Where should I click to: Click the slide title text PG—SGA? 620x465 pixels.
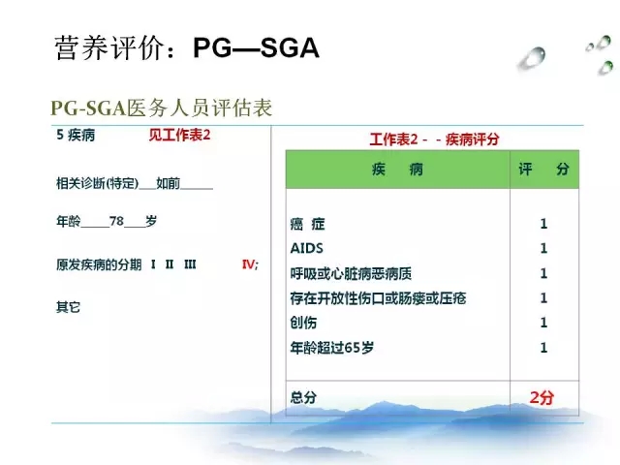pos(256,48)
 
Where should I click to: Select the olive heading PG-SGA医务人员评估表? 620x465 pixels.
pos(162,108)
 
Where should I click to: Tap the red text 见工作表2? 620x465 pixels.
pos(179,136)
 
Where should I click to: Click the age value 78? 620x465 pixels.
pos(116,221)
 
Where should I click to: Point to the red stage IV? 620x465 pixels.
pos(249,264)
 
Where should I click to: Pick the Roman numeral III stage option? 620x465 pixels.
pos(190,264)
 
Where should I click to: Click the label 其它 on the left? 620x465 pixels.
pos(68,307)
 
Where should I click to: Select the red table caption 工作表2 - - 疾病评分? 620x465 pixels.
pos(434,139)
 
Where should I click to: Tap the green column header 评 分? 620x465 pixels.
pos(544,170)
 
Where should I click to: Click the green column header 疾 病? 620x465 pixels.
pos(397,170)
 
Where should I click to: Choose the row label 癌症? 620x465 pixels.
pos(308,224)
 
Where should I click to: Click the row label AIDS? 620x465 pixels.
pos(307,248)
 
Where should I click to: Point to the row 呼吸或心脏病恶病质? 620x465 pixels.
pos(351,273)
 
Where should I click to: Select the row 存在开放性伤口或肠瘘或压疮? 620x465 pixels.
pos(378,298)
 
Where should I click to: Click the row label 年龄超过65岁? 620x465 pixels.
pos(331,348)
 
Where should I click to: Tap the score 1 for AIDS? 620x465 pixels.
pos(543,248)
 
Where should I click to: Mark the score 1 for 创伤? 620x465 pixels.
pos(543,323)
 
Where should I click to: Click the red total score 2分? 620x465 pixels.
pos(542,397)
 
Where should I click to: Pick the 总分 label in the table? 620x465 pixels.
pos(303,397)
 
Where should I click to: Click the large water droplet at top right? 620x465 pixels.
pos(532,59)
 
